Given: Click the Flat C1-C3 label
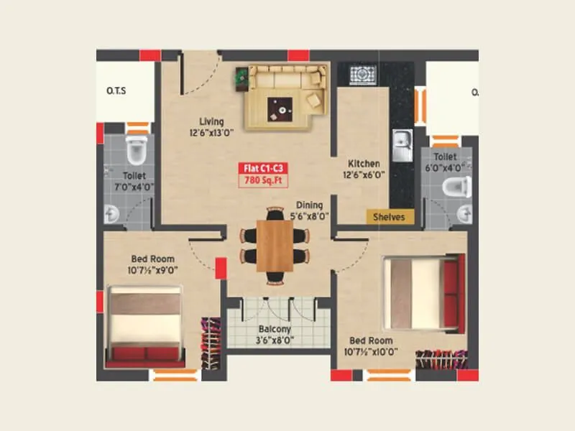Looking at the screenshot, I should click(258, 168).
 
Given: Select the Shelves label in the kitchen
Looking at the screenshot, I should click(390, 216).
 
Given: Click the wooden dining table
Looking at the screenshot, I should click(275, 245).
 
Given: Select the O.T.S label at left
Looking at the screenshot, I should click(116, 91).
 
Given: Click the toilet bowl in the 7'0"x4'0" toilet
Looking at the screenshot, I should click(136, 148).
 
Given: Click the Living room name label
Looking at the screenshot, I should click(211, 121).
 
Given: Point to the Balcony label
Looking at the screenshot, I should click(274, 330).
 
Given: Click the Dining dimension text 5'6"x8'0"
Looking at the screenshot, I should click(308, 215).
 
